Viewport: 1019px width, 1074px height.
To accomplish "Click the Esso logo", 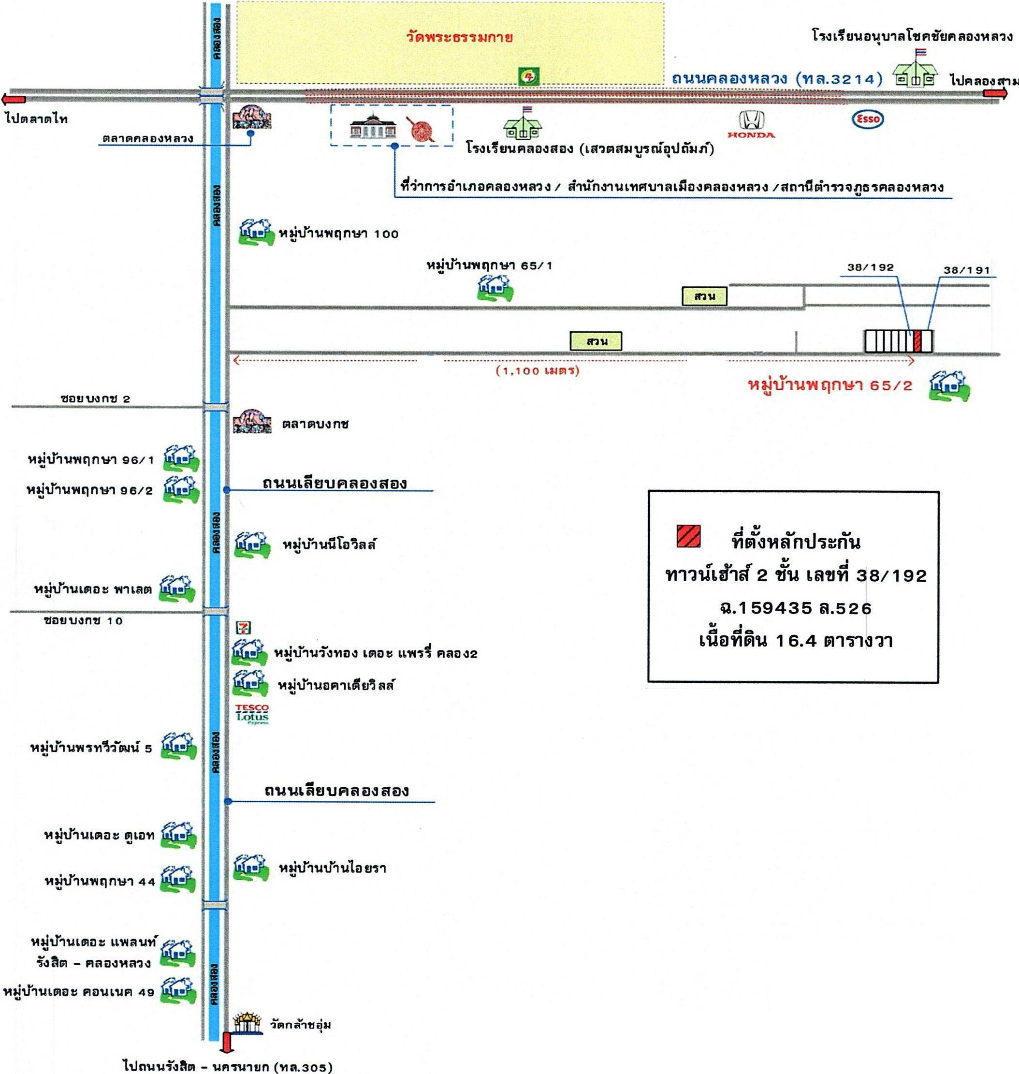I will tap(867, 119).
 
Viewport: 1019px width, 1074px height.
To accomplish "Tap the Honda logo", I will tap(751, 124).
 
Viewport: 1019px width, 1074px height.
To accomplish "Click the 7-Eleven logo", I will tap(243, 628).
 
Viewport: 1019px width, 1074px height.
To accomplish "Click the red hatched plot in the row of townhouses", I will tap(917, 341).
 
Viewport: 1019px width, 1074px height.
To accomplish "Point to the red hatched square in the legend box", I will tap(688, 536).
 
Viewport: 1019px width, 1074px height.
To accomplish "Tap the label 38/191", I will tap(966, 270).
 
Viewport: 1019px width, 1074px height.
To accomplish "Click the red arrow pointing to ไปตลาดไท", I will tap(14, 99).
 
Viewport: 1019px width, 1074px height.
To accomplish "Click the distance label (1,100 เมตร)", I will tap(537, 371).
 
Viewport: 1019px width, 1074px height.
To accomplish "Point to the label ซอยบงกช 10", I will tap(83, 620).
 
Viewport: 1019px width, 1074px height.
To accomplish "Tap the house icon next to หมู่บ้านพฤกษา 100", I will tap(255, 233).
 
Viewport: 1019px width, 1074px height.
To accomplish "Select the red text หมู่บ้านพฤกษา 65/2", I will tap(830, 385).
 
